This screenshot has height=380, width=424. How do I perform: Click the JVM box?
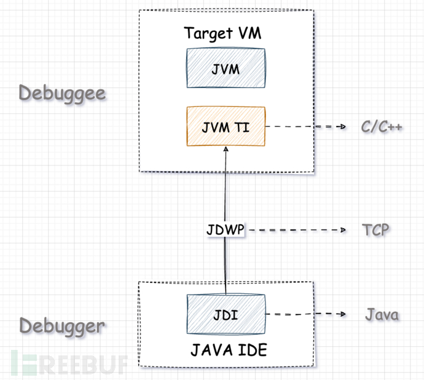(226, 69)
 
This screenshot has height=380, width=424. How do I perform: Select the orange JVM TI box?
(226, 126)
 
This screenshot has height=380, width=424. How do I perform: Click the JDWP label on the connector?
(225, 230)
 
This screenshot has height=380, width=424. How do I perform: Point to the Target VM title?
(222, 33)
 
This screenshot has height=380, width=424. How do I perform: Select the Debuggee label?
(61, 93)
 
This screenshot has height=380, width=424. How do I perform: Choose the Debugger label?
(61, 325)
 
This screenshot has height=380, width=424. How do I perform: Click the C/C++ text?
(381, 127)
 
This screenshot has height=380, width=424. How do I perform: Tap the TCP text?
(375, 230)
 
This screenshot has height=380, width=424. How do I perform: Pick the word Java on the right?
(382, 315)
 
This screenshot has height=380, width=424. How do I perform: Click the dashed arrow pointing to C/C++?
(304, 127)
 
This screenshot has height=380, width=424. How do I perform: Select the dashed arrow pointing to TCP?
(295, 230)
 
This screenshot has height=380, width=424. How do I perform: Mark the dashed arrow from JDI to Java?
(304, 314)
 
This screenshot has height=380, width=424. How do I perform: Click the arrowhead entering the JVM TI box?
(226, 151)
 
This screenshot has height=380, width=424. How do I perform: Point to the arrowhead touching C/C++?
(343, 127)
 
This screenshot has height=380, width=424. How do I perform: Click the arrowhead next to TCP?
(342, 230)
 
